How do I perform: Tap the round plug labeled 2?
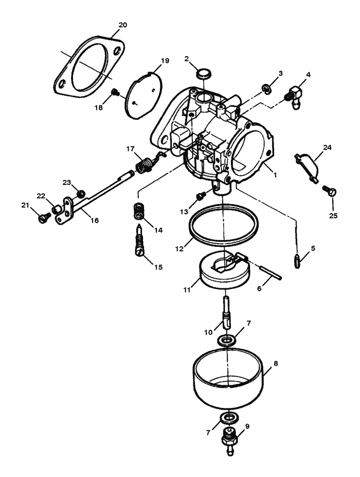coord(204,74)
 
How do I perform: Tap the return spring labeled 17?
coord(144,165)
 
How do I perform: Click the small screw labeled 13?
coord(201,195)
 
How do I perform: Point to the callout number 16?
coord(95,220)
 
